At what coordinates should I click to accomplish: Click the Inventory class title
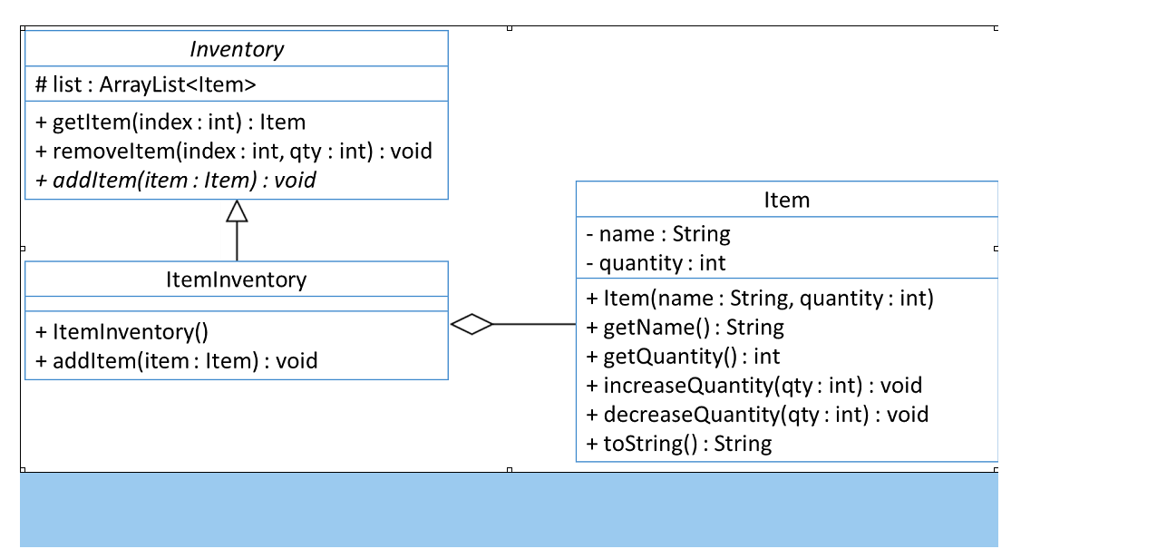(236, 49)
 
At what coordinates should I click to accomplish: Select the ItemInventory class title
(236, 279)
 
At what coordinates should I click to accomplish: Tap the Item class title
(786, 200)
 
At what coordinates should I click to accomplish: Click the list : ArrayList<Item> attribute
(146, 85)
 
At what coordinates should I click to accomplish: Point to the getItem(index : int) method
(170, 123)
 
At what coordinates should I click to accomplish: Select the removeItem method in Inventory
(234, 151)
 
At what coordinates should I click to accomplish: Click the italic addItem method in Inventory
(176, 180)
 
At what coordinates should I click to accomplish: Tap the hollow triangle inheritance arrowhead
(237, 212)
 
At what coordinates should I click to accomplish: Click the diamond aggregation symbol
(472, 324)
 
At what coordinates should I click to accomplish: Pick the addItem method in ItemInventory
(177, 361)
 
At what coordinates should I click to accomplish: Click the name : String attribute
(658, 234)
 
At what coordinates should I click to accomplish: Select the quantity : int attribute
(656, 263)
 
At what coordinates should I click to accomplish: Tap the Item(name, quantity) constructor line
(760, 298)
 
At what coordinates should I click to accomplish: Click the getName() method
(685, 327)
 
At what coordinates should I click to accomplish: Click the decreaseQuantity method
(758, 415)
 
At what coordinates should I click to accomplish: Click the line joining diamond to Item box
(535, 324)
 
